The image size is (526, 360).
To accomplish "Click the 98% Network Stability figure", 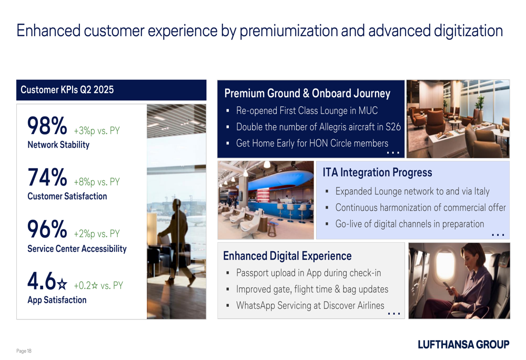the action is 47,126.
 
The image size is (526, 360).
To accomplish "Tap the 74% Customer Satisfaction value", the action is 47,177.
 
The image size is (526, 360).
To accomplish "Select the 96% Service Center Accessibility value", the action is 47,229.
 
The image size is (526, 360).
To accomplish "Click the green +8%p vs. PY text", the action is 97,182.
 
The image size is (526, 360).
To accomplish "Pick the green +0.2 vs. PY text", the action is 98,285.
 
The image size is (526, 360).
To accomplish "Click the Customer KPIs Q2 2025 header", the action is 67,90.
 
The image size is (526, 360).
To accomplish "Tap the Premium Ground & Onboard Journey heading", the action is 307,93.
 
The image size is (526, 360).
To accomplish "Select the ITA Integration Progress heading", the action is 377,172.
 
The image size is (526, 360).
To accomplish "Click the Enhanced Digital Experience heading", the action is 287,256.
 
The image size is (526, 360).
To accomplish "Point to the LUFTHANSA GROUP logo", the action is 463,344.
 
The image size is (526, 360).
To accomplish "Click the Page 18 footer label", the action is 24,351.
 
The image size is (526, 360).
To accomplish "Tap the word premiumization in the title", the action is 288,31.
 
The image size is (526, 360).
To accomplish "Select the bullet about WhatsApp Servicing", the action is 310,306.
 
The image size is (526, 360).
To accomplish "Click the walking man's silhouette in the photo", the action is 177,241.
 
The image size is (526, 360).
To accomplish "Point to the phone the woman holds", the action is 449,287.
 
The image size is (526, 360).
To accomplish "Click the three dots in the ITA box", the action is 498,235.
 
